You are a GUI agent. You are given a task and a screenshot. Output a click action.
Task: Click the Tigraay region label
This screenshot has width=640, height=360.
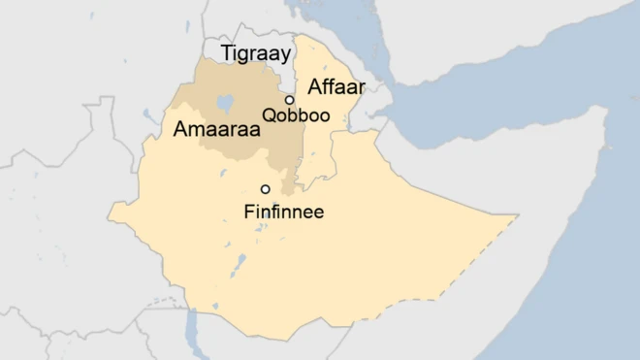point(256,54)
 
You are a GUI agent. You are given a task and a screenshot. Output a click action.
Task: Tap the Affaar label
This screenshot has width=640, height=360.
point(336,87)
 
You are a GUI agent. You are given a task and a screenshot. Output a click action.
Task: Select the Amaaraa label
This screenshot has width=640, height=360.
point(208,129)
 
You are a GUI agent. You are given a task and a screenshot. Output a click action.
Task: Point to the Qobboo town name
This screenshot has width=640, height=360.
point(296,116)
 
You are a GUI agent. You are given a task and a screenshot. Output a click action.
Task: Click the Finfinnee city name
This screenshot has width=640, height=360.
point(283,211)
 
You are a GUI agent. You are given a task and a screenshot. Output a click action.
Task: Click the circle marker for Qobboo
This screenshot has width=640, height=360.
point(289,100)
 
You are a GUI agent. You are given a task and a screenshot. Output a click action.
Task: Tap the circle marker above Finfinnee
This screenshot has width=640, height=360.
point(265,189)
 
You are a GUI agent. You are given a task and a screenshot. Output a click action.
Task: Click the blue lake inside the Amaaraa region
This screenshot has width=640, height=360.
point(226,101)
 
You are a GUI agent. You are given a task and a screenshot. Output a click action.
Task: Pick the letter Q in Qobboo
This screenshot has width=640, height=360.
point(269,116)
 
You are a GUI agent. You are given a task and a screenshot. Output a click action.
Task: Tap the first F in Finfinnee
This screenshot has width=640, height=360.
point(249,211)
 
